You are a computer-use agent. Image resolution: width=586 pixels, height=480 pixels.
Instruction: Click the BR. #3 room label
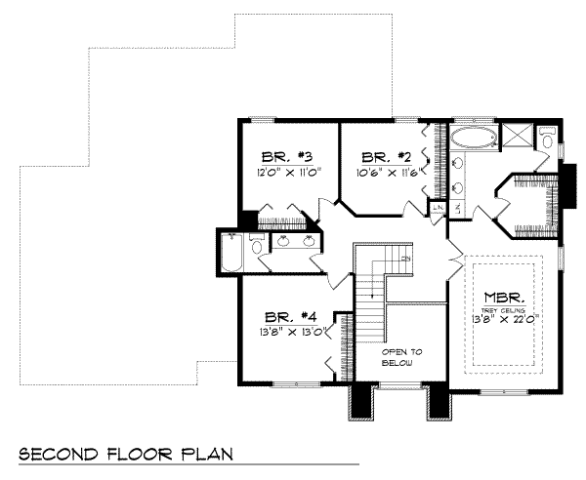286,157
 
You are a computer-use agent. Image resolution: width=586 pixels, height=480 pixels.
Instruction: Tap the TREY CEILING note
506,307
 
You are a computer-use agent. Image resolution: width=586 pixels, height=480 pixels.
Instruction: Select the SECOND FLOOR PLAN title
125,456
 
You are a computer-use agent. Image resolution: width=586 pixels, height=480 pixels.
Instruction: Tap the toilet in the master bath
547,146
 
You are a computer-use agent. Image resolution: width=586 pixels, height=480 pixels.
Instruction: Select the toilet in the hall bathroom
258,247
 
